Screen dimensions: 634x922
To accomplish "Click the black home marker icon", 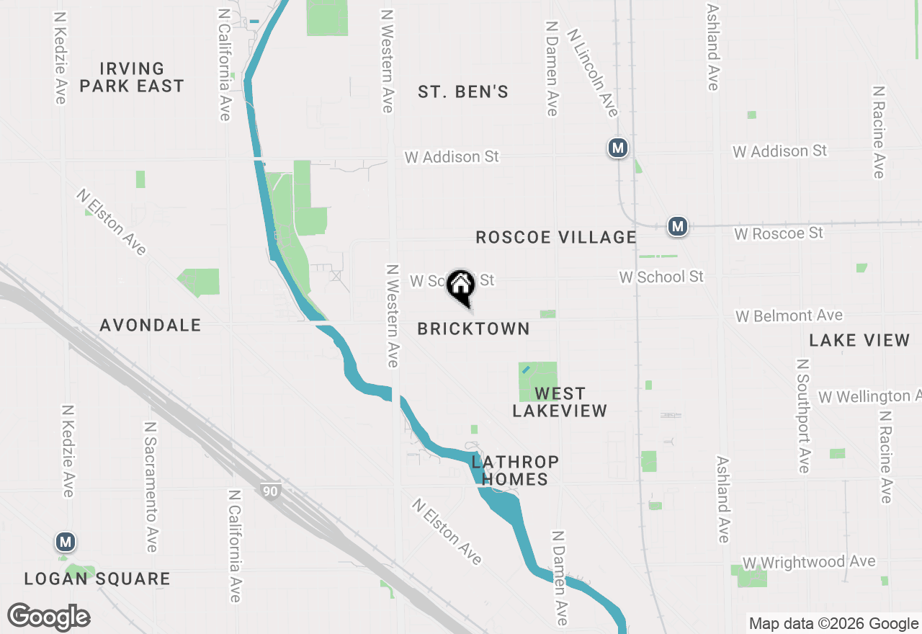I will [460, 285].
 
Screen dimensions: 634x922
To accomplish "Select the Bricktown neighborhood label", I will [473, 329].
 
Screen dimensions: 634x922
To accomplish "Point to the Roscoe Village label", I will [555, 237].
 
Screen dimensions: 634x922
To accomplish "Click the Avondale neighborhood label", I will [151, 325].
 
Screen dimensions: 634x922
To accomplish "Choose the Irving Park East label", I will [132, 77].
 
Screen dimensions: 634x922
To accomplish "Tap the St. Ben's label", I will [463, 91].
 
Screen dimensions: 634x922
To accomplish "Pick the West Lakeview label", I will [560, 402].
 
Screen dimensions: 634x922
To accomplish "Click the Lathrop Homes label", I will [515, 470].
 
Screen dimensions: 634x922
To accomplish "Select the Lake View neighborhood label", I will [859, 340].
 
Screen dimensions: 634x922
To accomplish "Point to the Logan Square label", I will [97, 579].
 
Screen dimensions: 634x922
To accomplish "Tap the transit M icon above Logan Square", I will [66, 542].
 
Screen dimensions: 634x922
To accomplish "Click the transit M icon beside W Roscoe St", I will [676, 226].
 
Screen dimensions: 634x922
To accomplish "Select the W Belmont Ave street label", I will [789, 316].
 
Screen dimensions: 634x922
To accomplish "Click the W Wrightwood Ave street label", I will [809, 562].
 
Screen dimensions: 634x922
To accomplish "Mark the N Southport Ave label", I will [803, 416].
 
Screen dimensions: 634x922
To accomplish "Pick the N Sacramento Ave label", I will [150, 487].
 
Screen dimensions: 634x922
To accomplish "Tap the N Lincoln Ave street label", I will [592, 72].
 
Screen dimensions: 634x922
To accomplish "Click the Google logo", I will [49, 617].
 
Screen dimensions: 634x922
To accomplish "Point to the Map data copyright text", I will [833, 624].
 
